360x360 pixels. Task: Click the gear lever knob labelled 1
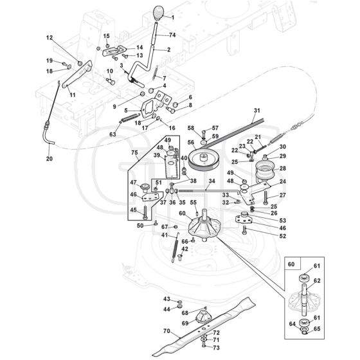click(x=158, y=13)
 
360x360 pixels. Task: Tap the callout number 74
click(x=172, y=35)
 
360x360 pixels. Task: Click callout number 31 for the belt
click(x=257, y=111)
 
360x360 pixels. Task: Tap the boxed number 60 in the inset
click(x=291, y=264)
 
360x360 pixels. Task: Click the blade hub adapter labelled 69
click(x=203, y=316)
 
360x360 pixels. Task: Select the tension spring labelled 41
click(x=175, y=248)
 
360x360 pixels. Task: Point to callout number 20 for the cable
click(x=50, y=159)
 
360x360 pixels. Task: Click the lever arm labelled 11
click(x=77, y=75)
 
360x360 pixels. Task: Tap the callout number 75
click(x=134, y=153)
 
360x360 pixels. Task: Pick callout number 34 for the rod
click(x=212, y=181)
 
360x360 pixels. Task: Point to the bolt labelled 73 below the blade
click(x=203, y=345)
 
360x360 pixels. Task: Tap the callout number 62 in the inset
click(x=317, y=280)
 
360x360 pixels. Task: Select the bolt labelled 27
click(x=265, y=197)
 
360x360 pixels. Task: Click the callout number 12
click(x=50, y=38)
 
